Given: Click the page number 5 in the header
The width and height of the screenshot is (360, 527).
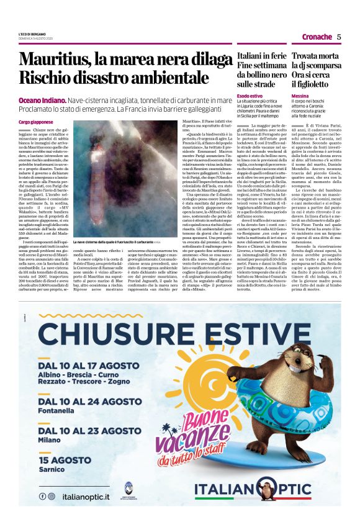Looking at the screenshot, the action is click(339, 36).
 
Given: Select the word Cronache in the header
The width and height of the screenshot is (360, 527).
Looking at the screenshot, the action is click(315, 36).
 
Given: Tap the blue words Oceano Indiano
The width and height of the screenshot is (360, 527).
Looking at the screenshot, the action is click(41, 99).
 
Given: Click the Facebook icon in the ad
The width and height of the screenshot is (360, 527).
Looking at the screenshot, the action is click(42, 496).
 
